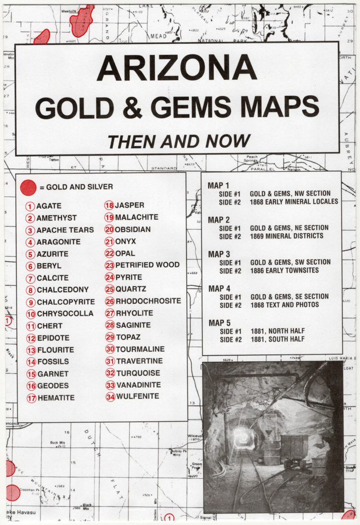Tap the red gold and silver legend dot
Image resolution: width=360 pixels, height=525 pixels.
(x=28, y=187)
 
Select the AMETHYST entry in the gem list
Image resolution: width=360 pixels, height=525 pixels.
(x=56, y=218)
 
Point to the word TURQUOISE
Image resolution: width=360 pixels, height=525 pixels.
(x=138, y=373)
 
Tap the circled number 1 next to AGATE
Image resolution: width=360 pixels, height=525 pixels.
(x=30, y=206)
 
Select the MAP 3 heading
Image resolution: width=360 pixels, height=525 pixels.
(x=218, y=254)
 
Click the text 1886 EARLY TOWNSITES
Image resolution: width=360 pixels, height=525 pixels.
(x=284, y=271)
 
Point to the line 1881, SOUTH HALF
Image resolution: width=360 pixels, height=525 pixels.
(x=277, y=339)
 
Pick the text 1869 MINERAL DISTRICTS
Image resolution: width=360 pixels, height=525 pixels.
(x=286, y=236)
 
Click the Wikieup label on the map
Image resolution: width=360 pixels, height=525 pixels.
(x=195, y=436)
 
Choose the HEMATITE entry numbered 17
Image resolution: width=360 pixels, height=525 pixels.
(x=55, y=398)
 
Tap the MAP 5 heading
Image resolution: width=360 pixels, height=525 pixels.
(x=218, y=323)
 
